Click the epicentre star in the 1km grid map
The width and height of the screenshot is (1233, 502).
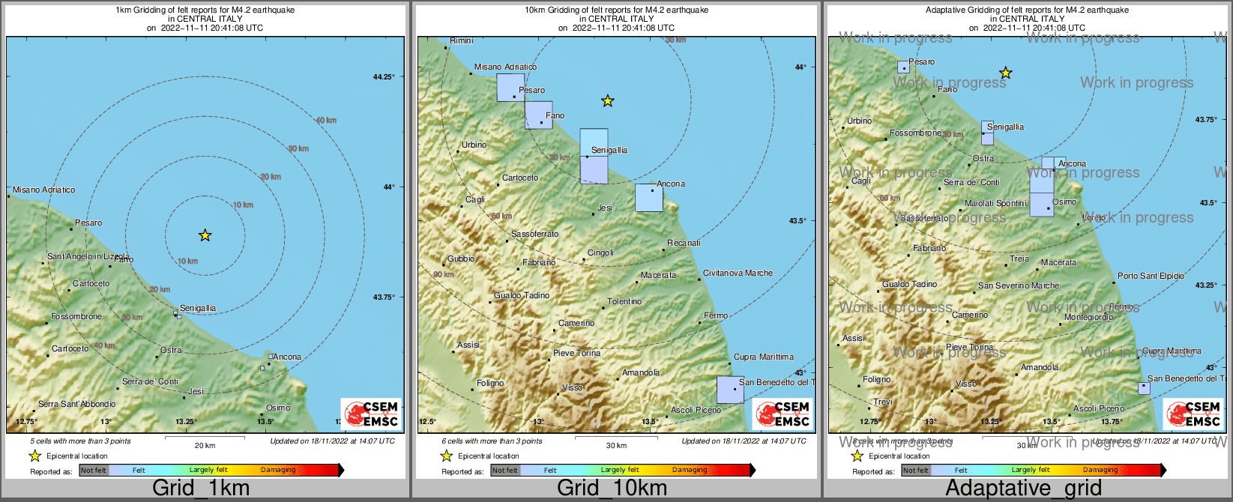pos(205,235)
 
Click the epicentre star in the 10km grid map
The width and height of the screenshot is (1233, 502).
pos(608,100)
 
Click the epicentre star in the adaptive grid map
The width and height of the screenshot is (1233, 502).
pos(1006,73)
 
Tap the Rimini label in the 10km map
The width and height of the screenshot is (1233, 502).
pos(462,40)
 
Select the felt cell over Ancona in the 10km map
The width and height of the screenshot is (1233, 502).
pos(649,198)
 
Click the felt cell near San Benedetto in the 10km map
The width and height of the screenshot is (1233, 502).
pos(730,390)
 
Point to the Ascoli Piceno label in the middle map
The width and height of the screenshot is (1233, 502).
pos(696,410)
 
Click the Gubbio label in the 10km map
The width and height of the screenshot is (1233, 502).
pos(461,258)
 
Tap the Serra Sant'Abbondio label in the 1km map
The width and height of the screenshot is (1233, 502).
pos(76,404)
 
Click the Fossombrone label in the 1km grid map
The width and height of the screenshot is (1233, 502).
pos(76,316)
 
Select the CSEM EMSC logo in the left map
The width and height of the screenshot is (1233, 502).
pos(371,414)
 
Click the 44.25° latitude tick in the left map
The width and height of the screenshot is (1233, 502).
pos(383,76)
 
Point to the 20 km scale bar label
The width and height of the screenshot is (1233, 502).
pos(205,445)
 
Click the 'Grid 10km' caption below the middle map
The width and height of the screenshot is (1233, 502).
pos(612,489)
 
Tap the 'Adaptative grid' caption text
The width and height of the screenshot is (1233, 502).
pos(1023,489)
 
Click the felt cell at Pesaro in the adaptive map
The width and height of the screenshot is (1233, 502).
pos(903,67)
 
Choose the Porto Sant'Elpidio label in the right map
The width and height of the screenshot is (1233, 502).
pos(1151,276)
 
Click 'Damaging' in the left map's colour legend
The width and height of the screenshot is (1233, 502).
pos(278,470)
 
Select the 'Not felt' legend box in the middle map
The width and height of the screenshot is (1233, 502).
pos(504,471)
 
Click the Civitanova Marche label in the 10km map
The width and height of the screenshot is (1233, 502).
pos(738,273)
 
